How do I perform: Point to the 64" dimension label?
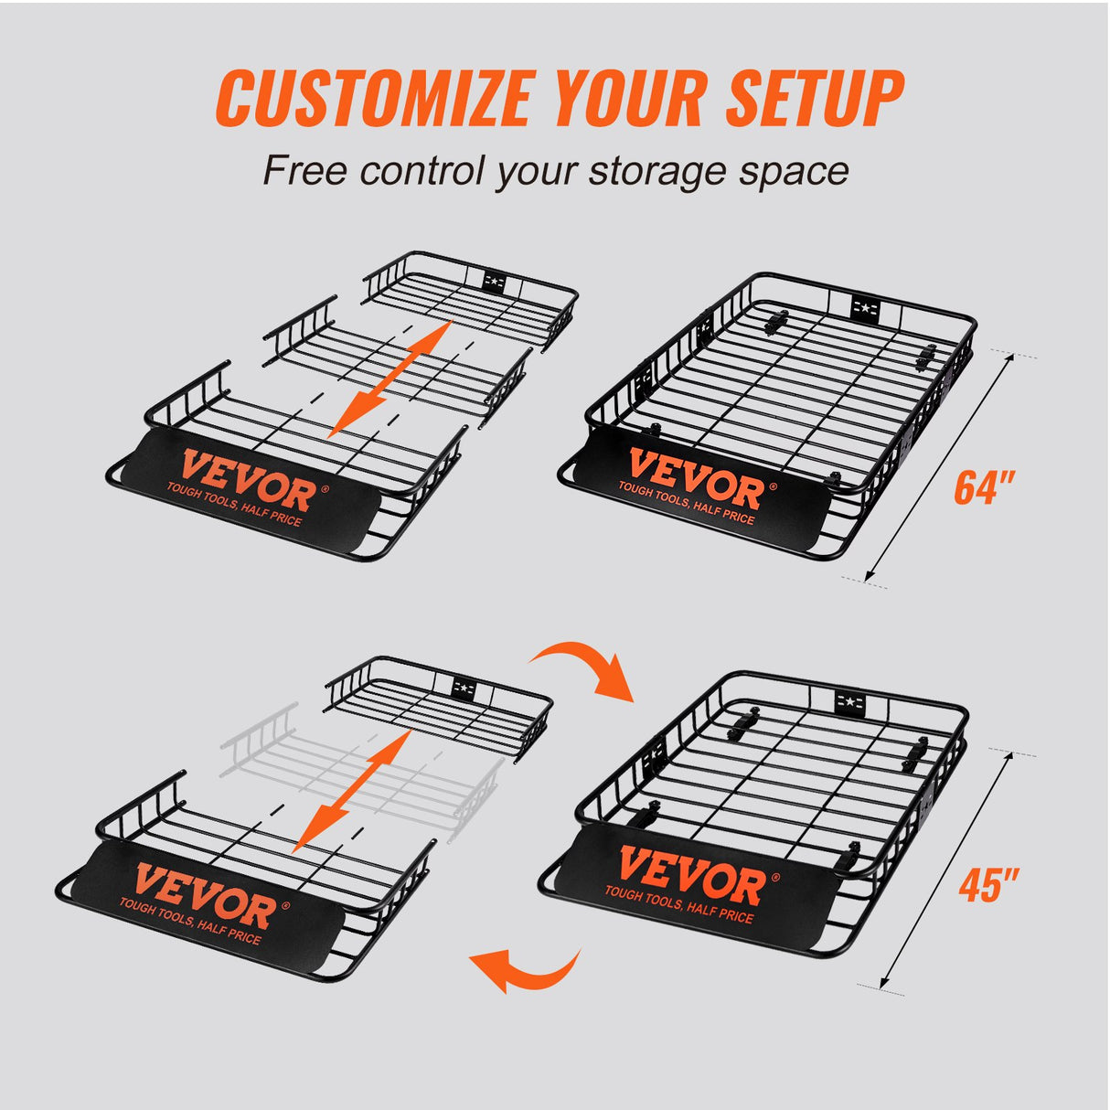point(985,486)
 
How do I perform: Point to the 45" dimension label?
point(988,884)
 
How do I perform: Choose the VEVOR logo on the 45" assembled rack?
point(690,877)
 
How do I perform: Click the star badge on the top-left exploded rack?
point(495,280)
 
